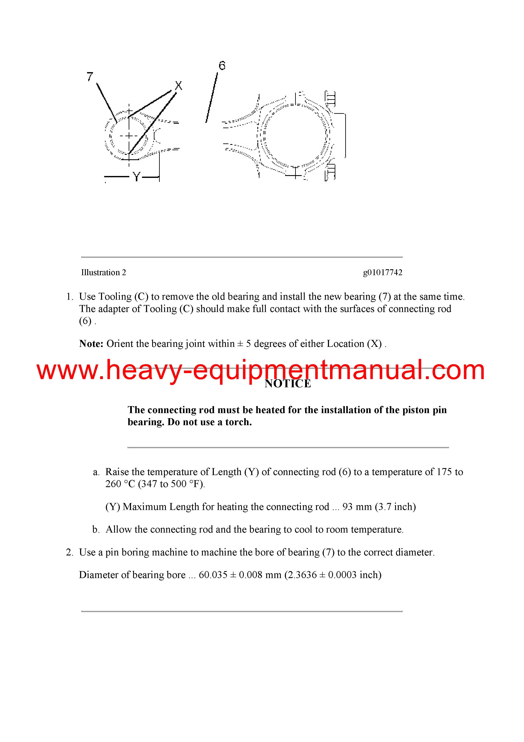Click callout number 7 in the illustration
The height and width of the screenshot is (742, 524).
[90, 77]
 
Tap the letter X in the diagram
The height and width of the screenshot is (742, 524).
[179, 86]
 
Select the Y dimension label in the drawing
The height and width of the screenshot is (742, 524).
[136, 177]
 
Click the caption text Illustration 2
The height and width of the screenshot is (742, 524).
[103, 272]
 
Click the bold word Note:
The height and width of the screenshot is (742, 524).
[91, 344]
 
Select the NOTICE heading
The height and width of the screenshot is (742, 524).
[288, 384]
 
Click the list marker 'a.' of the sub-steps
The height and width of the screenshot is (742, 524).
[96, 472]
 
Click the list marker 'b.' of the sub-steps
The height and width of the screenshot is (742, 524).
[96, 529]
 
